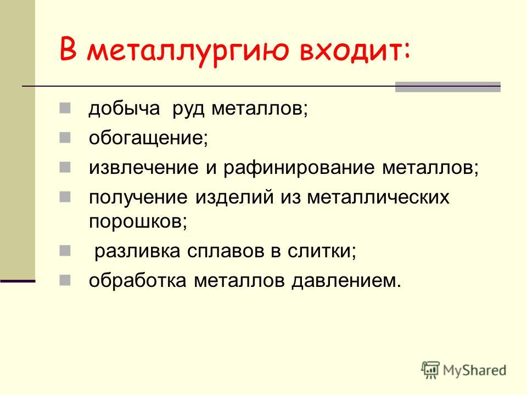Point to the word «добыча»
[x=124, y=109]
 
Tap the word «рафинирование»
[x=299, y=168]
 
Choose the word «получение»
[x=138, y=197]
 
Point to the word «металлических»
[x=378, y=197]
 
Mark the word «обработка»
[x=137, y=280]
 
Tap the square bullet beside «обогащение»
[x=65, y=137]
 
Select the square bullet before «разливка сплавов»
[x=65, y=251]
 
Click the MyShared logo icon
[x=430, y=370]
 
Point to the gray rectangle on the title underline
[x=448, y=87]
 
